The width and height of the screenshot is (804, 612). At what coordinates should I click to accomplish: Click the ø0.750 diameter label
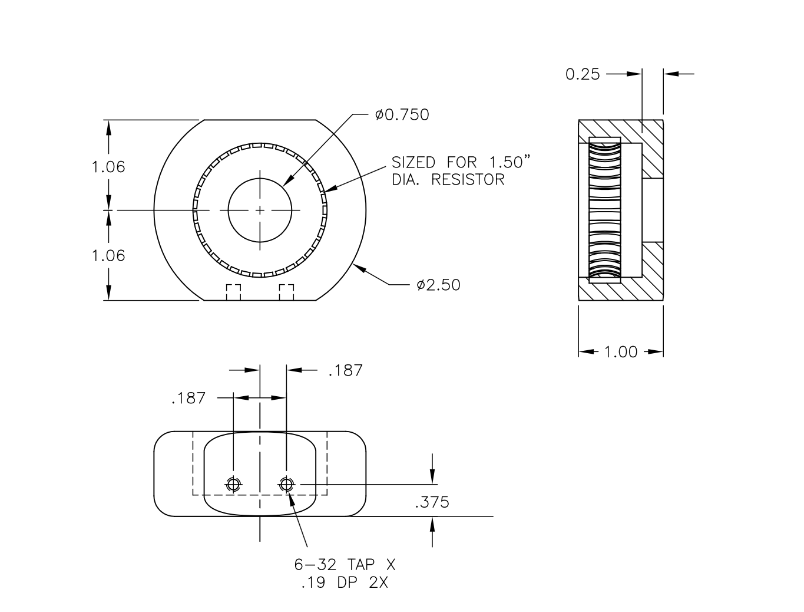(402, 115)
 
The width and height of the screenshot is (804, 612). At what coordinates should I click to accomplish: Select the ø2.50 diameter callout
(438, 285)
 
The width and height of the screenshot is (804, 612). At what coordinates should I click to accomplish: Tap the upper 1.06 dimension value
(108, 167)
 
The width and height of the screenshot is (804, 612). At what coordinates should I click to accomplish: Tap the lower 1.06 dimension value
(108, 255)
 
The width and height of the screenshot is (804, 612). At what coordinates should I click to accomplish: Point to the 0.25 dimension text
(583, 74)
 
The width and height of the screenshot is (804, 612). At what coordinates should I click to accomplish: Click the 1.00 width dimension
(621, 352)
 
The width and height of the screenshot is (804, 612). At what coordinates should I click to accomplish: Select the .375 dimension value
(432, 502)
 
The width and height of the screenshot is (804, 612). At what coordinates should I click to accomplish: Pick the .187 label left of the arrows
(188, 399)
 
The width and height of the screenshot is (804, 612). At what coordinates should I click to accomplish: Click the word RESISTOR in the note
(468, 180)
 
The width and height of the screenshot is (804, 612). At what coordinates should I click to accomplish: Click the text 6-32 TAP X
(345, 565)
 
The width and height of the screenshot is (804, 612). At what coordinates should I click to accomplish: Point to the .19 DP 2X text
(345, 583)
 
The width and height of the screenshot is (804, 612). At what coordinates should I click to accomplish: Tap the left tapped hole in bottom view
(233, 484)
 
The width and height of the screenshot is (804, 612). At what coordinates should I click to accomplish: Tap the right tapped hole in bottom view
(286, 484)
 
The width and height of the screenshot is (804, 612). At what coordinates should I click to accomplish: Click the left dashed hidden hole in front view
(234, 292)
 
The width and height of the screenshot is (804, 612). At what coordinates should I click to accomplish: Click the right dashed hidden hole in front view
(286, 292)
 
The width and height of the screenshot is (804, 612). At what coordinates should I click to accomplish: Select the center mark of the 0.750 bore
(260, 210)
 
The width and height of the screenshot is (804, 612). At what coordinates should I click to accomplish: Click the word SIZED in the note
(413, 163)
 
